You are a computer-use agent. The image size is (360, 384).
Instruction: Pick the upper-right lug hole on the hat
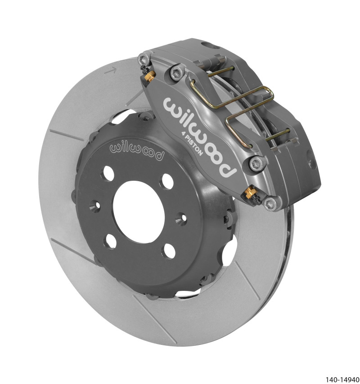tap(167, 180)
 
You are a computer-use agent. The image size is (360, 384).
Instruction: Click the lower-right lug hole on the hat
tap(170, 251)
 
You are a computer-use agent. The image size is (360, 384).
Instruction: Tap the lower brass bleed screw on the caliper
tap(248, 195)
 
